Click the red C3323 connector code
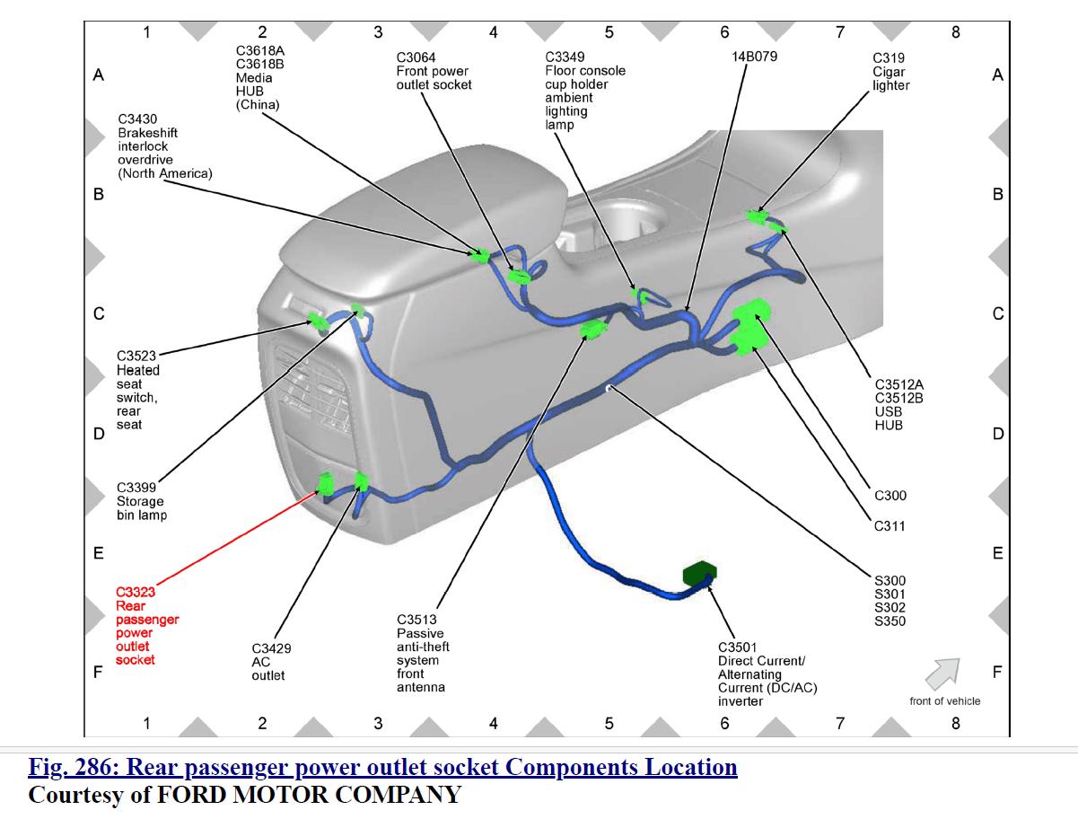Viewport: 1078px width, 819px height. pos(136,592)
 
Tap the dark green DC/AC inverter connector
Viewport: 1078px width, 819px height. pos(700,574)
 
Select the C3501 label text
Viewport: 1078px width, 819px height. pos(737,647)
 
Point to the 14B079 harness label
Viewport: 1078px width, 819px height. pos(754,56)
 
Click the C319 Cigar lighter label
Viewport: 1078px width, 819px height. pos(890,72)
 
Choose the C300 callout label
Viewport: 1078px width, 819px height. pos(890,496)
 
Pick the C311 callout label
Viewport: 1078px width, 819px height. pos(890,526)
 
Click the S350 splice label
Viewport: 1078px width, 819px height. pos(890,621)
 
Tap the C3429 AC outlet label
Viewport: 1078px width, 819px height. pos(271,662)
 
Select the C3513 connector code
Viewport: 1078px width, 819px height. pos(416,620)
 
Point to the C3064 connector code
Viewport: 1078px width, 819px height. pos(416,57)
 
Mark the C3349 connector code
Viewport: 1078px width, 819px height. pos(565,57)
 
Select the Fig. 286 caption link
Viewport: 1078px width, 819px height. pos(382,768)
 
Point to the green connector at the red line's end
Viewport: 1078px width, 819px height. pos(326,486)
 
